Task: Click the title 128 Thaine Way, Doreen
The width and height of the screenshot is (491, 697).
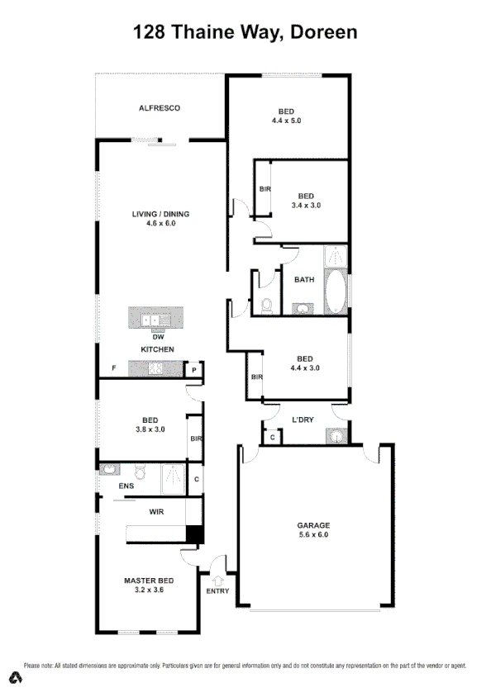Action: tap(245, 32)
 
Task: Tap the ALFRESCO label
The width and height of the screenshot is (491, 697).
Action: tap(160, 108)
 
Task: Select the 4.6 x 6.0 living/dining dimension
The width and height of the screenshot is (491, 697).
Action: tap(160, 223)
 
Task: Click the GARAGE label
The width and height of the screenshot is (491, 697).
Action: tap(313, 525)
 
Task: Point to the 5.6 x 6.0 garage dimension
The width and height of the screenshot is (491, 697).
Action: tap(313, 534)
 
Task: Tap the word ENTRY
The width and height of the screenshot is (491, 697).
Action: tap(218, 591)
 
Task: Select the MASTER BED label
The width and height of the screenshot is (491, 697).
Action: tap(149, 581)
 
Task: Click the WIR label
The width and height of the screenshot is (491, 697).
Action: tap(156, 512)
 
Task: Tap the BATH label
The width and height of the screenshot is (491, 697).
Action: tap(304, 279)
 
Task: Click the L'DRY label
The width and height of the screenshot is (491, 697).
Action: tap(303, 420)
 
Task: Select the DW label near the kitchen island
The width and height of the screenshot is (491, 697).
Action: tap(157, 337)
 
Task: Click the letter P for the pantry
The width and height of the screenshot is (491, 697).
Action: tap(193, 371)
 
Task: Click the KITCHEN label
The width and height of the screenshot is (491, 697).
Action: tap(157, 350)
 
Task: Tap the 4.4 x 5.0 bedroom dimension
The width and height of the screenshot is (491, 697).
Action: tap(286, 121)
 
